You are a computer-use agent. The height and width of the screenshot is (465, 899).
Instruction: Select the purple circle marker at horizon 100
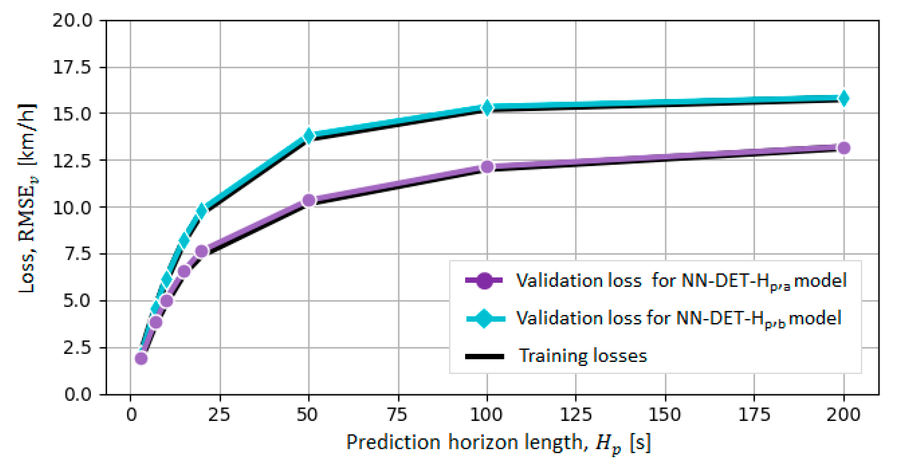[x=487, y=167]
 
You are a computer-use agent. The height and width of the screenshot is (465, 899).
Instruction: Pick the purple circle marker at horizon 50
[x=308, y=200]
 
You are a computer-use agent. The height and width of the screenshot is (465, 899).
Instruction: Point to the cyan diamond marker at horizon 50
[x=308, y=135]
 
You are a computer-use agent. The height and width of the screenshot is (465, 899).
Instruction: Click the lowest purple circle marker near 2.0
[x=141, y=359]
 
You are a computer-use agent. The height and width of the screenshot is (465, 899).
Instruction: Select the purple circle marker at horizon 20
[x=201, y=251]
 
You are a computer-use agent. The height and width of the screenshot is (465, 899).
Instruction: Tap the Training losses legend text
[x=582, y=356]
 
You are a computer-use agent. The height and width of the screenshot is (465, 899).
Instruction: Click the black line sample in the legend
[x=485, y=357]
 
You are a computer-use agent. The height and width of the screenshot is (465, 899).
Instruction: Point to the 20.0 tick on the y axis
[x=73, y=20]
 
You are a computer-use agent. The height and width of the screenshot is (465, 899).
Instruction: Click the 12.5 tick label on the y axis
[x=73, y=161]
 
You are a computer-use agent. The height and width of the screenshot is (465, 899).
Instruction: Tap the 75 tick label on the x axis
[x=398, y=415]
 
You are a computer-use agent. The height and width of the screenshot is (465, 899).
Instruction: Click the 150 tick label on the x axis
[x=665, y=415]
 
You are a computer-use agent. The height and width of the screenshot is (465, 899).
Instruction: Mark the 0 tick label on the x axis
[x=131, y=415]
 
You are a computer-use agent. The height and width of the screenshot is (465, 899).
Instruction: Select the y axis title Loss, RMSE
[x=27, y=198]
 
